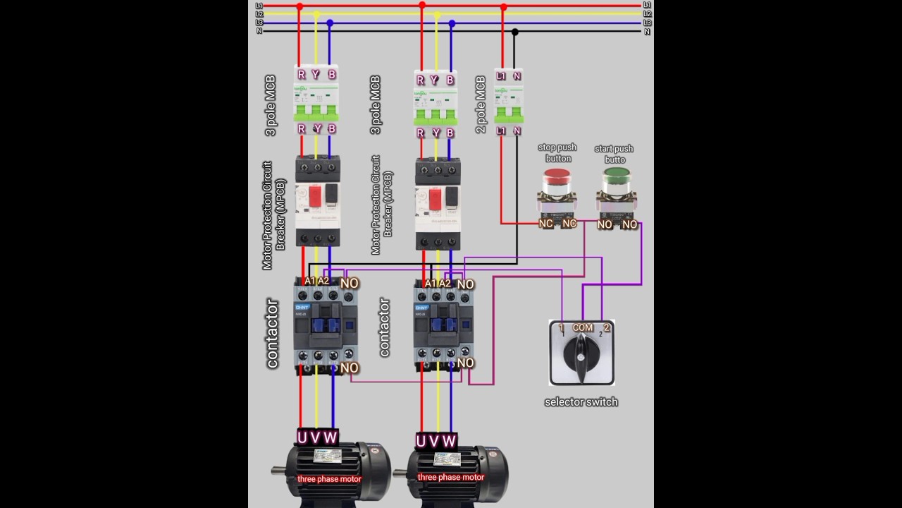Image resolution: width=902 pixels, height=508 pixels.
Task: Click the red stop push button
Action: pyautogui.click(x=557, y=181)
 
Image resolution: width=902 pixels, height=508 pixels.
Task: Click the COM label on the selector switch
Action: pyautogui.click(x=583, y=327)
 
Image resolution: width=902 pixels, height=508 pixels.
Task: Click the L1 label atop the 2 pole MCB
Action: pyautogui.click(x=501, y=75)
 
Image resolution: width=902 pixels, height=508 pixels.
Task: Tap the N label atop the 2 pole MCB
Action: pyautogui.click(x=517, y=75)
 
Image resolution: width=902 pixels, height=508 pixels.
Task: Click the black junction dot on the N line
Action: pyautogui.click(x=515, y=32)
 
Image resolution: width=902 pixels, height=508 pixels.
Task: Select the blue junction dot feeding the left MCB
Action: pyautogui.click(x=330, y=23)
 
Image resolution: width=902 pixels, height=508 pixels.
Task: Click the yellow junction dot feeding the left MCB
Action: pyautogui.click(x=316, y=14)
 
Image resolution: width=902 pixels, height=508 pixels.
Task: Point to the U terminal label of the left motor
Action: pyautogui.click(x=302, y=437)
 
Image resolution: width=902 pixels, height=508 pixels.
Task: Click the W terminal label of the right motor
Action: pyautogui.click(x=448, y=441)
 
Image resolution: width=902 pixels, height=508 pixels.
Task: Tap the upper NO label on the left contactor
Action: pyautogui.click(x=350, y=283)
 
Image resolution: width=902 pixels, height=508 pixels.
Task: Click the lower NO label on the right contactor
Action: pyautogui.click(x=465, y=363)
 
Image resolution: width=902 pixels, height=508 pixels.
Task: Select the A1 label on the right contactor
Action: pyautogui.click(x=430, y=283)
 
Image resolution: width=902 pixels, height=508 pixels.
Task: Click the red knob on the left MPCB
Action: pyautogui.click(x=315, y=196)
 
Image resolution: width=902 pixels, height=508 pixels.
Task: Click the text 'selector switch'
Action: pyautogui.click(x=581, y=401)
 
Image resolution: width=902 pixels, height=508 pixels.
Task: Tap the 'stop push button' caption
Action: pyautogui.click(x=557, y=152)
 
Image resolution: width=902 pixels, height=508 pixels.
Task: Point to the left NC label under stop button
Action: pyautogui.click(x=545, y=223)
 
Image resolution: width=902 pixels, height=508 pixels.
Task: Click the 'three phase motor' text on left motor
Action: pyautogui.click(x=329, y=478)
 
